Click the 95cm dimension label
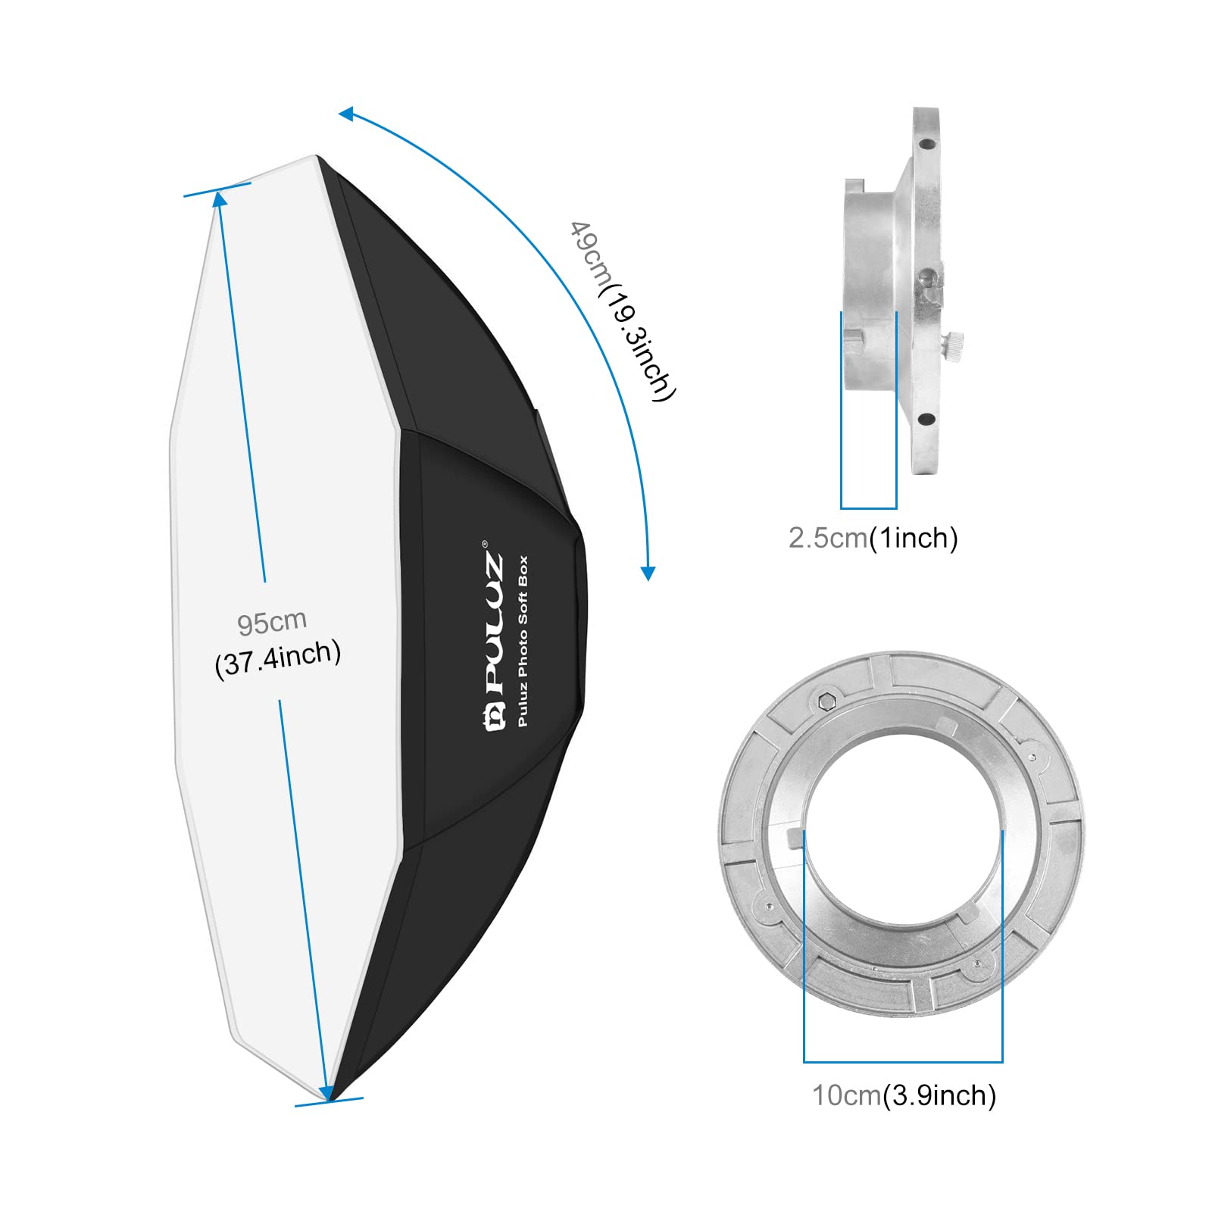272,622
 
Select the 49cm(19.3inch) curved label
621,311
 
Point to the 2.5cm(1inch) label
873,538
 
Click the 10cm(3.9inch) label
904,1095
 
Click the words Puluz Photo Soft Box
523,641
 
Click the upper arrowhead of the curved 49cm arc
346,114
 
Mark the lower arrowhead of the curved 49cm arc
648,573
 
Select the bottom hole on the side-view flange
925,417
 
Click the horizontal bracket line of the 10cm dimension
903,1061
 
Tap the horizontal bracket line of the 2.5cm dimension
868,508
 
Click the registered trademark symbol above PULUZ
486,542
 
